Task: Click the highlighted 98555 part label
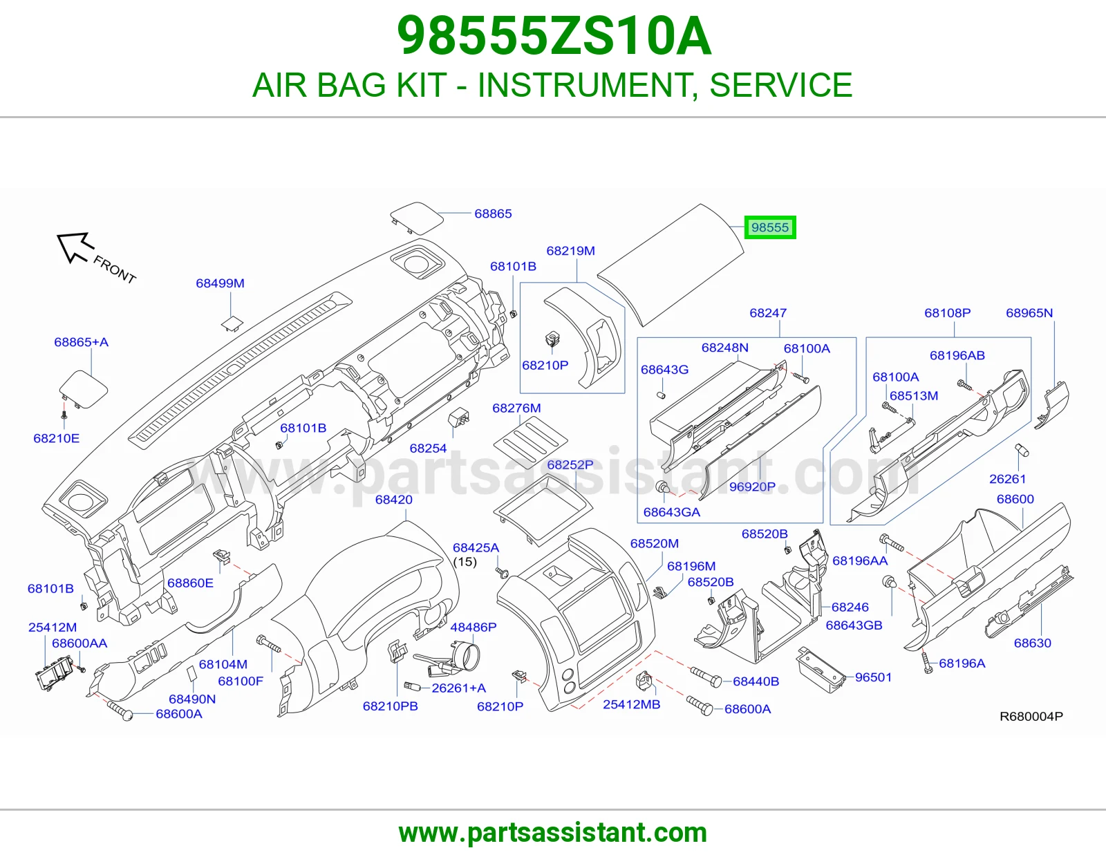769,227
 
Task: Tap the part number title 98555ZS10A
553,37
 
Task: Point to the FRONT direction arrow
75,248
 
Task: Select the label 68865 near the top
493,214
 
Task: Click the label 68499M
220,283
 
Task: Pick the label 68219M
570,251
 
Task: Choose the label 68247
768,313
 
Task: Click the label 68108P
947,313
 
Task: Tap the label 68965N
1029,313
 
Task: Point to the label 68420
394,500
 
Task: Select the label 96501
874,677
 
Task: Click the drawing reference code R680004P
1031,717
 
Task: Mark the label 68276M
516,408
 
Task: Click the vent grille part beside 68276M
530,443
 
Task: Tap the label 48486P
473,628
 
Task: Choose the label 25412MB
631,704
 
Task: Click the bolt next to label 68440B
706,677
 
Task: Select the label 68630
1032,643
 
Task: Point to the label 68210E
56,439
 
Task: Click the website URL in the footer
553,833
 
